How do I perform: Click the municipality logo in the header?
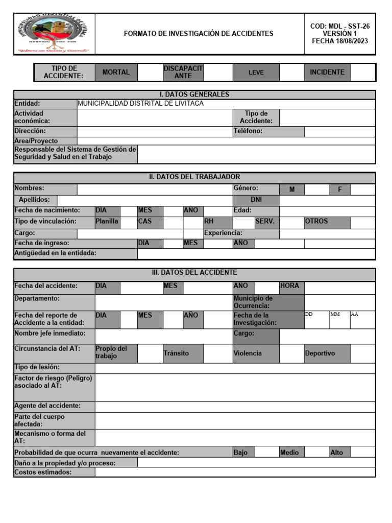[54, 34]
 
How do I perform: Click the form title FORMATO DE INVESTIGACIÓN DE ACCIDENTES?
[199, 34]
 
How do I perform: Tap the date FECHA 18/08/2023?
[339, 41]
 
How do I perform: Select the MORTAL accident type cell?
[116, 73]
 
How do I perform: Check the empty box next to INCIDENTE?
[362, 73]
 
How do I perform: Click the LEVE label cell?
[256, 73]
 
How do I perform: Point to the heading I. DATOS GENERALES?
[194, 94]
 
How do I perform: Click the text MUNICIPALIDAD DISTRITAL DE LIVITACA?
[140, 104]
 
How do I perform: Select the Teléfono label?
[248, 131]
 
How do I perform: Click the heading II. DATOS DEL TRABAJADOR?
[194, 177]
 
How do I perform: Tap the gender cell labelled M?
[292, 189]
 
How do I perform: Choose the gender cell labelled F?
[339, 189]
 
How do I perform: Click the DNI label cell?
[256, 200]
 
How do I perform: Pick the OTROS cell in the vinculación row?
[327, 222]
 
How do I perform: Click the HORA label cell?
[291, 286]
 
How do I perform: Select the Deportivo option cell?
[327, 353]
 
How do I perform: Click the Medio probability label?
[291, 453]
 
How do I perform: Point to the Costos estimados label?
[54, 472]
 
